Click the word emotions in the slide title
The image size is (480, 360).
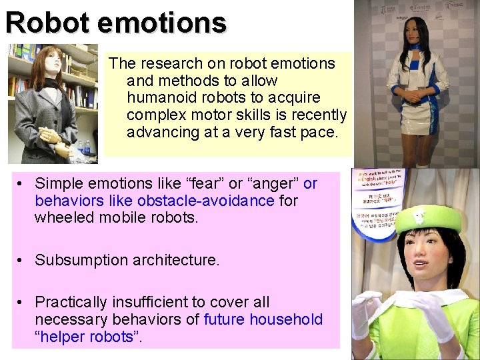point(163,22)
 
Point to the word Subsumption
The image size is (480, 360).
point(81,260)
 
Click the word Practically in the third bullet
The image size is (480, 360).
point(74,302)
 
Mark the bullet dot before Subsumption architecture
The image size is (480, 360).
point(23,260)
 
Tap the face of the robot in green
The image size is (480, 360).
point(421,257)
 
